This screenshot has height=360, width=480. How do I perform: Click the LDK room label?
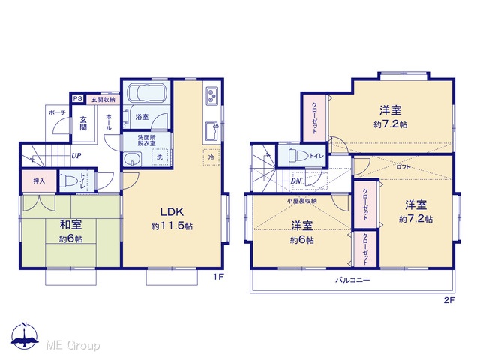coord(172,211)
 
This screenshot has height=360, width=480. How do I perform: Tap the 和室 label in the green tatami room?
coord(70,225)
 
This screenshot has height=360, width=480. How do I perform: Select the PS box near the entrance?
coord(78,98)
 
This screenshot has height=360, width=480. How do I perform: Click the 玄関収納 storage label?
coord(103,100)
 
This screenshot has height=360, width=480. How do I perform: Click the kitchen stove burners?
coord(211,94)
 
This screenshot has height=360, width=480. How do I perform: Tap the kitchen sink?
coord(211,130)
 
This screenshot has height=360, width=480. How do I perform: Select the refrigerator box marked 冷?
coord(211,157)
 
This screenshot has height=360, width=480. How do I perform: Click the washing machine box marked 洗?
coord(160,157)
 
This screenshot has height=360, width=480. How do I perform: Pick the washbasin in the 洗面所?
coord(132,159)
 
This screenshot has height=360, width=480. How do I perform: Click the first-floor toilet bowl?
coord(65,181)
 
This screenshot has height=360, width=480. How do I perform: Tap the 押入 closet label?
coord(39,181)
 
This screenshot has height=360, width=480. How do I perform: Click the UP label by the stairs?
coord(76,155)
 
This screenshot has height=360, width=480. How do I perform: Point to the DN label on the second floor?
coord(296,181)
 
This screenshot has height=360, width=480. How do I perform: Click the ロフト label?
coord(403,167)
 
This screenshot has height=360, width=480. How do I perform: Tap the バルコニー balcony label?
coord(352,280)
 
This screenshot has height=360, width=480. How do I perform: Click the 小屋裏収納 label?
coord(301,201)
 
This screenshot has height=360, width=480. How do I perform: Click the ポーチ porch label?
coord(57,112)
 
